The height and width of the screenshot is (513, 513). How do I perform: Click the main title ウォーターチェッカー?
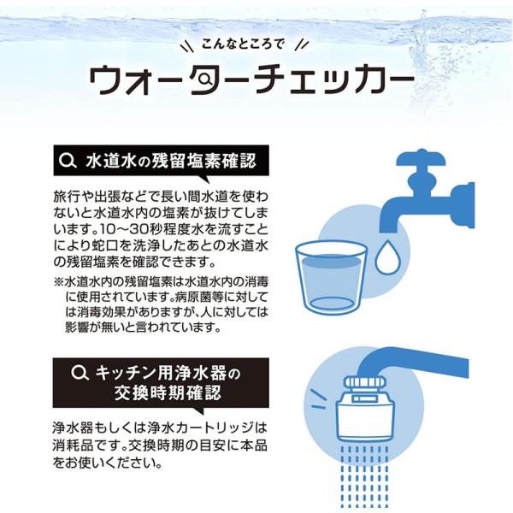click(251, 80)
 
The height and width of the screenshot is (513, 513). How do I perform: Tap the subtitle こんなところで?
click(243, 44)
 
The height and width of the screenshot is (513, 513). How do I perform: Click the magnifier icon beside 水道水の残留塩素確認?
click(68, 161)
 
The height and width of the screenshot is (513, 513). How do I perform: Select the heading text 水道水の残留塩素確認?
click(171, 161)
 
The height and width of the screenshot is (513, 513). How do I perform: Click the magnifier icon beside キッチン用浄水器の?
click(80, 374)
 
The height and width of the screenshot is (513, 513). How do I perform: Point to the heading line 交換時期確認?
click(168, 392)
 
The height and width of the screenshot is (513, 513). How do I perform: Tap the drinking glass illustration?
click(331, 278)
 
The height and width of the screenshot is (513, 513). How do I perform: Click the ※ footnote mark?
click(58, 281)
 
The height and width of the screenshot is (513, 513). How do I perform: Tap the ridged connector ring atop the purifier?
click(365, 382)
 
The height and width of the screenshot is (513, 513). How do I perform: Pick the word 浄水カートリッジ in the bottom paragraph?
click(201, 427)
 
